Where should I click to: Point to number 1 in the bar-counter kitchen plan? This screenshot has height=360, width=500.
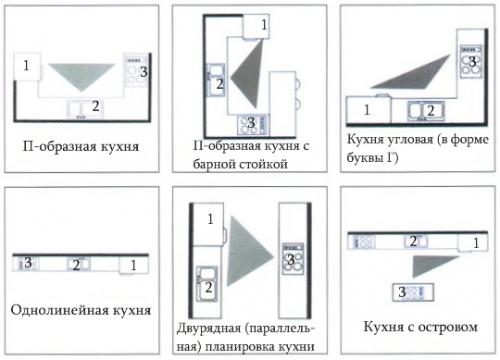pos(263,22)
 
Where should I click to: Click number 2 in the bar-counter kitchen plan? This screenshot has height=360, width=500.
pos(220,85)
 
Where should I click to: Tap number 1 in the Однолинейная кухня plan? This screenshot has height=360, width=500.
pos(134,265)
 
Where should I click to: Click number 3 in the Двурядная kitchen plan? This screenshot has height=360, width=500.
pos(291,260)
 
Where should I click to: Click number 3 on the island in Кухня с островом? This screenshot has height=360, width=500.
pos(402,292)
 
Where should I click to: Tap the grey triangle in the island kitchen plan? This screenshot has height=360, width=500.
pos(430,262)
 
